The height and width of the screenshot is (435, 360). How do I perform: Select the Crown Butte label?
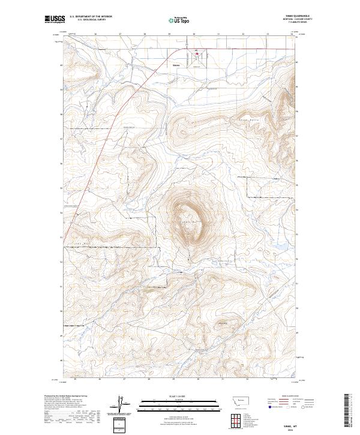tap(191, 222)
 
